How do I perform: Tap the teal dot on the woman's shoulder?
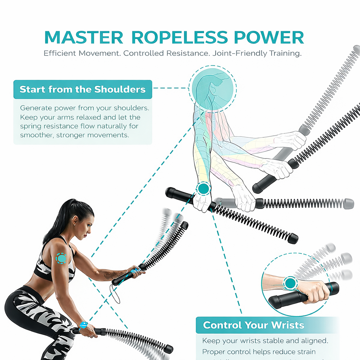tap(62, 259)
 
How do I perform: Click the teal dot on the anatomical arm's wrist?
tap(203, 189)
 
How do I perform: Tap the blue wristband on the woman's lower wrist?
tap(83, 324)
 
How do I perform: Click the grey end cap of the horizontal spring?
tap(348, 204)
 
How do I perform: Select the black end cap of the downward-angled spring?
tap(292, 239)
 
